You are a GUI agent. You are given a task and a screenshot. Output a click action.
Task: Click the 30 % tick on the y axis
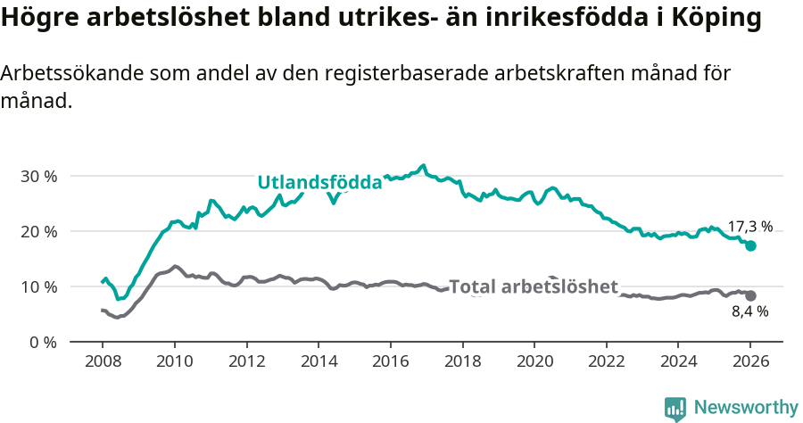(38, 177)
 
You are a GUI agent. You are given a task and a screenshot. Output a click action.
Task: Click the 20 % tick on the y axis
(38, 232)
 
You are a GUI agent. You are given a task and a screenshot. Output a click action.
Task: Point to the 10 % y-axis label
(38, 287)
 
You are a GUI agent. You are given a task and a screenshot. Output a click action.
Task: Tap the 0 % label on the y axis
(43, 343)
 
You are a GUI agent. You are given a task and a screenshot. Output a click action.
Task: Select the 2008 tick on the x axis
(102, 363)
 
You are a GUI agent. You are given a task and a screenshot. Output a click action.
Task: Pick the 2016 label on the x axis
(390, 363)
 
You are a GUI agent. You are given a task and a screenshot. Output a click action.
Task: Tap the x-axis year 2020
(534, 363)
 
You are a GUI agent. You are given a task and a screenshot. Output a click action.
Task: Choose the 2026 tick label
(750, 363)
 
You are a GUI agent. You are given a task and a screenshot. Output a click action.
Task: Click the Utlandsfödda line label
(319, 183)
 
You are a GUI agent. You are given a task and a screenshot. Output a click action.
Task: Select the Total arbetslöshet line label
(534, 287)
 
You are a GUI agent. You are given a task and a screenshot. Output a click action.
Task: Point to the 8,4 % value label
(749, 312)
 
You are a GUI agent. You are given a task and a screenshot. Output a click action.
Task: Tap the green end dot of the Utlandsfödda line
(750, 246)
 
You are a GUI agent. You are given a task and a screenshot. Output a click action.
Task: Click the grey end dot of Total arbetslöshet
(750, 295)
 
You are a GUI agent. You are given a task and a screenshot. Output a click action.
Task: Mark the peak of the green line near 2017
(423, 166)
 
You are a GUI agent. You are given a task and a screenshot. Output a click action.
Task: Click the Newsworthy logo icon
(675, 408)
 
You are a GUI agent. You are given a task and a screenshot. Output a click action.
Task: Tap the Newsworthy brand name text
(746, 408)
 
